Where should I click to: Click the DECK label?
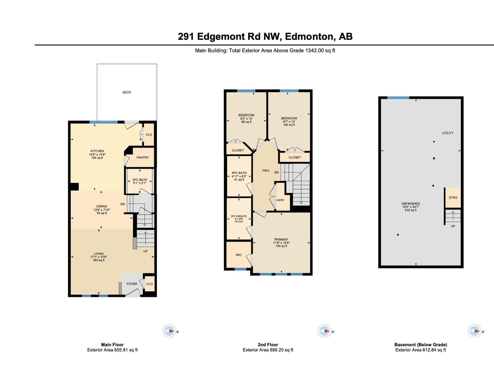pos(127,92)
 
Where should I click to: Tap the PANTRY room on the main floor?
pos(143,158)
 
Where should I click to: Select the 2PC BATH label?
pos(140,180)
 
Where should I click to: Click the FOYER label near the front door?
pos(132,284)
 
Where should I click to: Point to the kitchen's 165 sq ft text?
pos(97,158)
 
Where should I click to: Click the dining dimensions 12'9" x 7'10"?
pos(102,210)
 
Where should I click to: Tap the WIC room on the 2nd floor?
pos(239,255)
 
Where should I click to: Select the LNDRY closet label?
pos(280,200)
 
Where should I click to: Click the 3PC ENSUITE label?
pos(239,216)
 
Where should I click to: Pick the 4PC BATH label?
pos(239,173)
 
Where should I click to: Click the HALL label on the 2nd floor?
pos(266,170)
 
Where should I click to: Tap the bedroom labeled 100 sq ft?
pos(289,121)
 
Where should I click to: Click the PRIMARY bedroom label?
pos(281,240)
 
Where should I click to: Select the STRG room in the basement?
pos(453,198)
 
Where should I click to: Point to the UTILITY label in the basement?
pos(447,133)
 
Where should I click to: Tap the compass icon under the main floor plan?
pos(169,331)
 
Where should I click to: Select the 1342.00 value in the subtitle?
pos(314,51)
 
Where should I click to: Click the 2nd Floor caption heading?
pos(268,345)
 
